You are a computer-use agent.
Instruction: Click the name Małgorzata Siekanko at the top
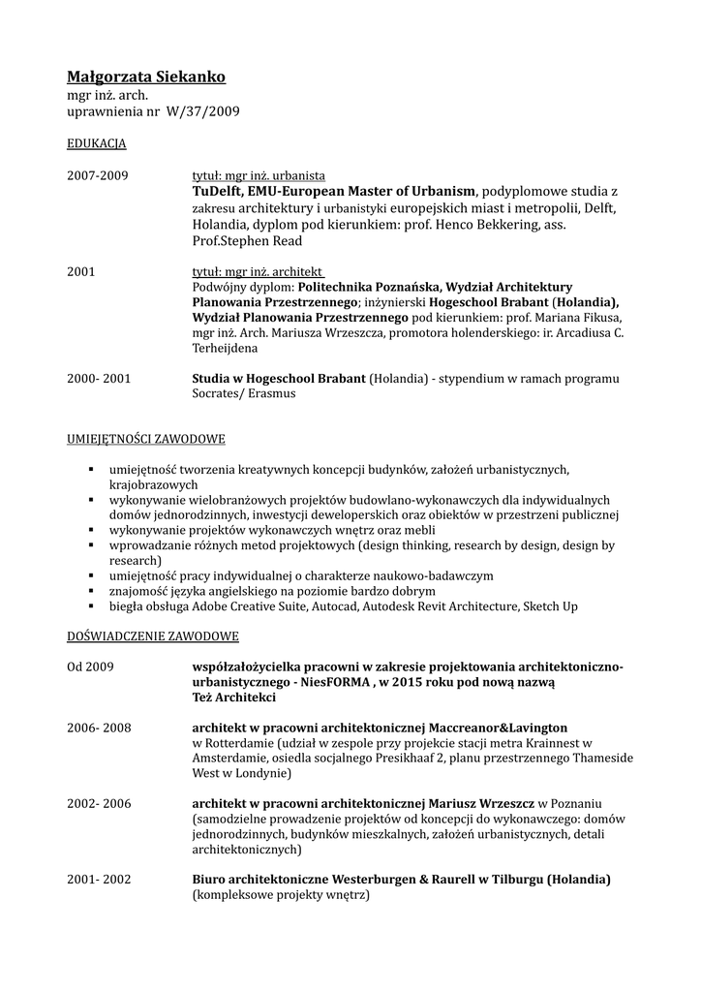(x=145, y=77)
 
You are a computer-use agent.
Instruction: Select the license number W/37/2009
(x=202, y=112)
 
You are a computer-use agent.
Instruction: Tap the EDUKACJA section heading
(x=96, y=143)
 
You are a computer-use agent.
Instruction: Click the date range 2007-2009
(x=97, y=175)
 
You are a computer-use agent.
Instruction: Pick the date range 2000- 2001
(x=99, y=378)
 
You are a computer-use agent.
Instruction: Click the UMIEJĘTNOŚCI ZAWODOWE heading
(x=145, y=439)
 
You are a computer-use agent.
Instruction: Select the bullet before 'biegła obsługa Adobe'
(x=90, y=606)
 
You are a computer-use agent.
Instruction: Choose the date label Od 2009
(x=91, y=667)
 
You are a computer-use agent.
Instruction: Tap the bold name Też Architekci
(x=234, y=697)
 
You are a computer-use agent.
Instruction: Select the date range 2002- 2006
(x=99, y=803)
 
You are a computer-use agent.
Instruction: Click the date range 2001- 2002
(x=99, y=880)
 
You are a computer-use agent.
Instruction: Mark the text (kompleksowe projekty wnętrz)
(x=281, y=896)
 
